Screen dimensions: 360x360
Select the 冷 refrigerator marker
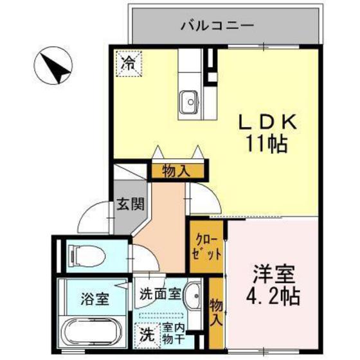[x=129, y=63]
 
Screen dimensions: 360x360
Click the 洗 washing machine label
[x=147, y=335]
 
